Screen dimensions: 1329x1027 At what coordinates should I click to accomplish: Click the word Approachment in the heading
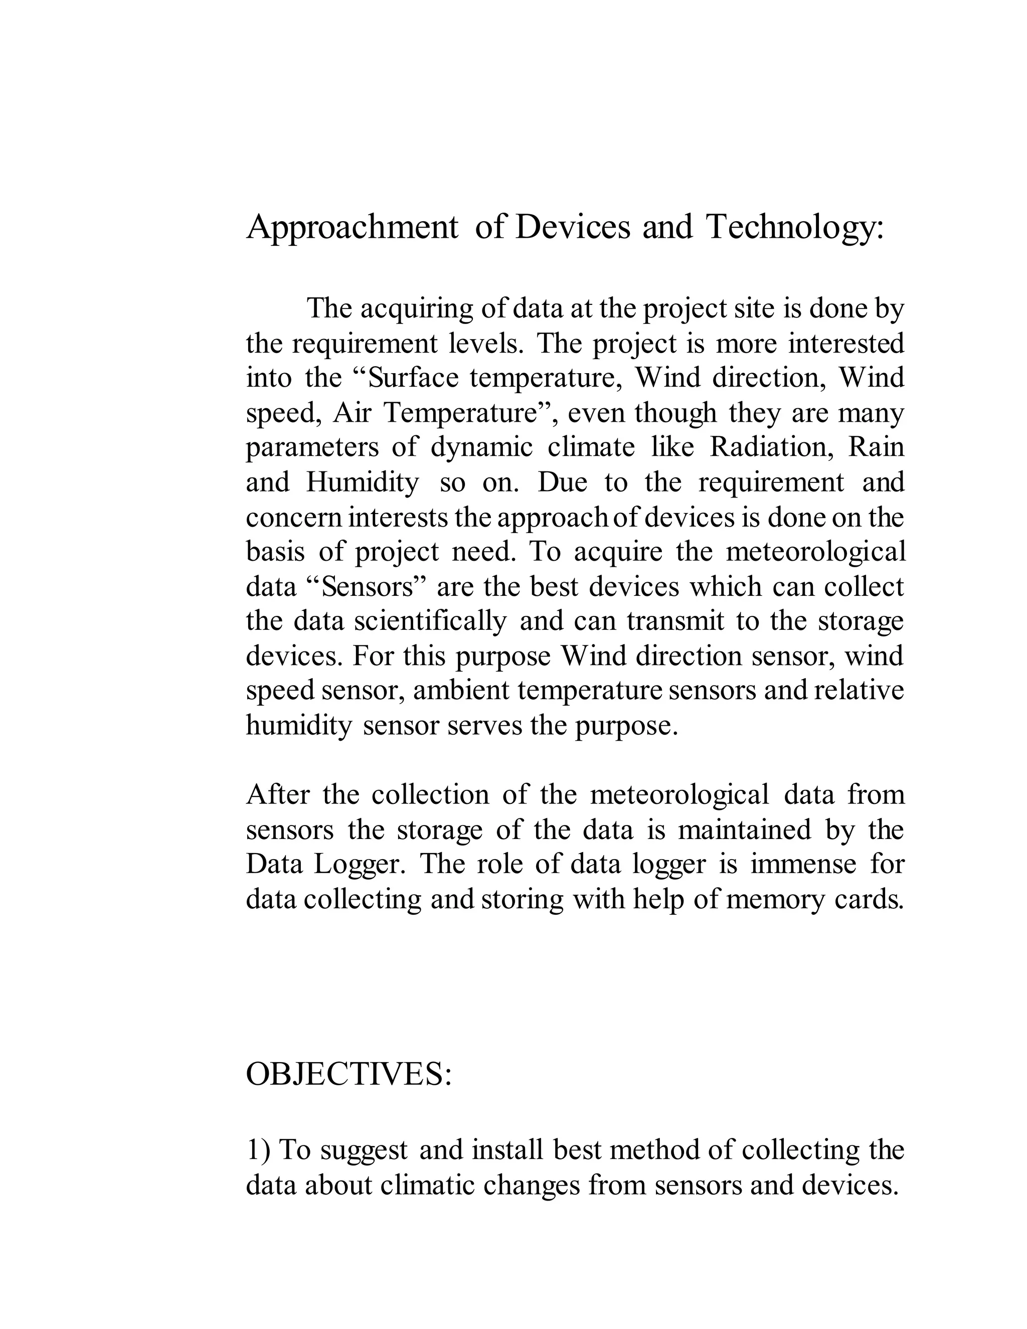(x=352, y=228)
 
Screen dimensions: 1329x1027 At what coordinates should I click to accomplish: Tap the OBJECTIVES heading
(x=348, y=1074)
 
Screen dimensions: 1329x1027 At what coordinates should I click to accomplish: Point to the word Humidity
(x=363, y=482)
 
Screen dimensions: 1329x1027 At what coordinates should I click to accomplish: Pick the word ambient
(x=460, y=691)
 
